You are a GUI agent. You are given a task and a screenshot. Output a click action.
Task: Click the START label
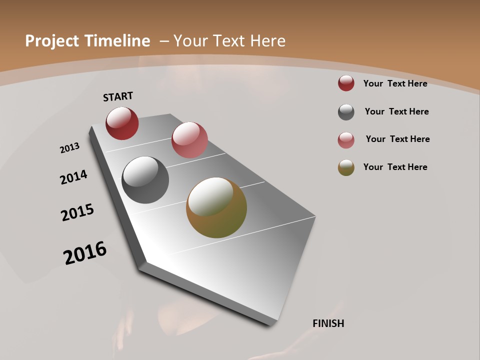click(x=118, y=96)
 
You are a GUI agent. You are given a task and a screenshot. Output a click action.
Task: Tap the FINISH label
click(x=328, y=323)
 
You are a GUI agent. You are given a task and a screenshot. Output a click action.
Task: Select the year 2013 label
click(x=69, y=148)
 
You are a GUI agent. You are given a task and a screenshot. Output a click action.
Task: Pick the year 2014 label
click(x=73, y=177)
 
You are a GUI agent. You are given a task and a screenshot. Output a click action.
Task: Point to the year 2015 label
click(x=77, y=212)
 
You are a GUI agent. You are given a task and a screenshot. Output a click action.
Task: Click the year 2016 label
click(x=85, y=253)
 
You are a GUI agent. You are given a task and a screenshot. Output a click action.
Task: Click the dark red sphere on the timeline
click(x=122, y=123)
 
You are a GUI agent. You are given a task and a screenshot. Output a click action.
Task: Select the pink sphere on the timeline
click(x=189, y=140)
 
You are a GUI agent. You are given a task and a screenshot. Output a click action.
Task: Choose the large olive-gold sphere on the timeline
click(x=216, y=207)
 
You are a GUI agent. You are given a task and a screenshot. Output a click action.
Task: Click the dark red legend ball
click(x=346, y=83)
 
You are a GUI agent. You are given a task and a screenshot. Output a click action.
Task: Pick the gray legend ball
click(x=346, y=112)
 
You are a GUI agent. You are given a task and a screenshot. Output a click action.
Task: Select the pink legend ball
click(x=346, y=140)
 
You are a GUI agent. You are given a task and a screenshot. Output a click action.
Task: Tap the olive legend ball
click(x=346, y=168)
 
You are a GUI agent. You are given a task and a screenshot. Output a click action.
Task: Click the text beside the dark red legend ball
click(x=395, y=83)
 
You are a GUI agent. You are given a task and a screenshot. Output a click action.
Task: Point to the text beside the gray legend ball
click(x=396, y=111)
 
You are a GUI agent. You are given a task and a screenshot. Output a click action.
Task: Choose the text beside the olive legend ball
click(x=395, y=167)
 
